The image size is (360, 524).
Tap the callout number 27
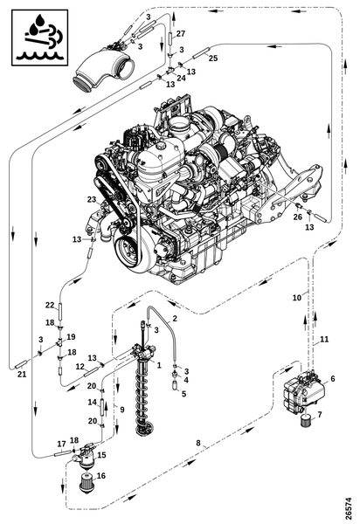click(x=181, y=33)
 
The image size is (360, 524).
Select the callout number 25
click(x=213, y=58)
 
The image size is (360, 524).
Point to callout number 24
click(x=181, y=78)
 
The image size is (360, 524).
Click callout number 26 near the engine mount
click(x=297, y=217)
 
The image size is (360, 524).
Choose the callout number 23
click(x=92, y=199)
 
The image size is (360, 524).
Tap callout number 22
click(x=50, y=305)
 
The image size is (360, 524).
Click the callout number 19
click(x=71, y=336)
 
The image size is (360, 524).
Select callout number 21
click(x=22, y=375)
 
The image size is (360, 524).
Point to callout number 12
click(x=80, y=367)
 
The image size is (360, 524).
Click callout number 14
click(x=93, y=402)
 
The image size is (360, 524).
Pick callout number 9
click(x=122, y=409)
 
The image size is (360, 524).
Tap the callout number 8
click(x=198, y=443)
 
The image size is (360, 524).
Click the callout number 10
click(x=297, y=298)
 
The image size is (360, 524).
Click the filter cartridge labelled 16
click(x=87, y=482)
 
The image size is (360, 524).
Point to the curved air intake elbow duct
click(x=103, y=69)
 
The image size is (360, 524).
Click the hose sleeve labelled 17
click(x=63, y=453)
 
